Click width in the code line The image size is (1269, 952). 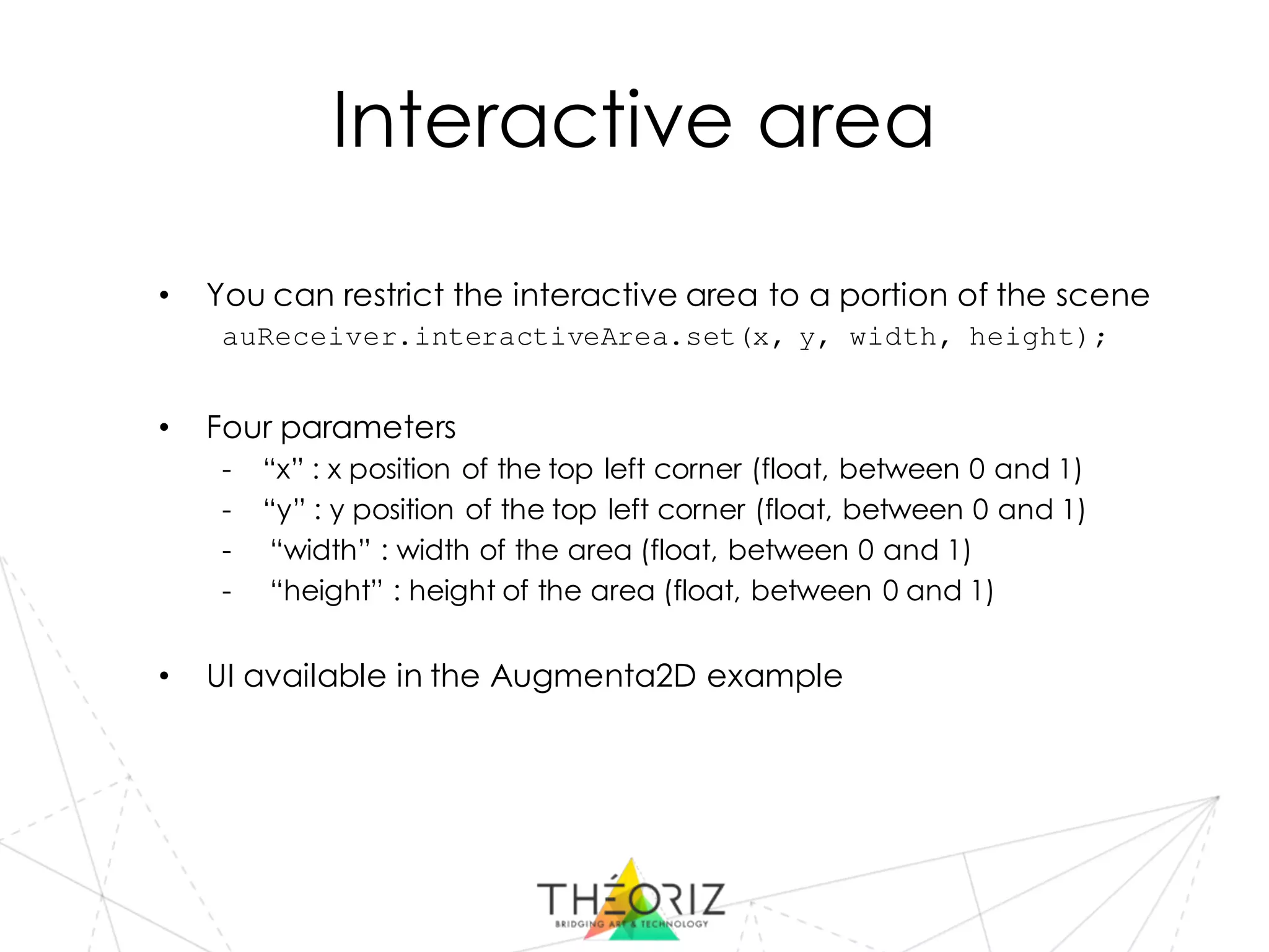coord(892,337)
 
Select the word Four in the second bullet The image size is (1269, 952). coord(239,428)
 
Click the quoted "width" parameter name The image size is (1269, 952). coord(320,550)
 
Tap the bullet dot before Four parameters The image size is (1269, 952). coord(164,428)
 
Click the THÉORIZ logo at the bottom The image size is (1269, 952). coord(631,899)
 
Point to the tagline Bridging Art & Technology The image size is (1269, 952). coord(631,924)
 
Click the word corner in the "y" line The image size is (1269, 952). coord(701,510)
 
